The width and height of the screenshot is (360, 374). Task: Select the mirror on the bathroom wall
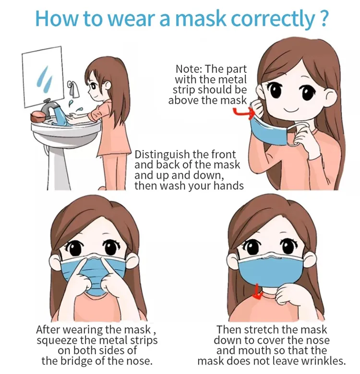43,77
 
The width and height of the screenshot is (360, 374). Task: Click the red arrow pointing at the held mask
243,112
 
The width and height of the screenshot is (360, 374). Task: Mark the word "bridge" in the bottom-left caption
81,361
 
